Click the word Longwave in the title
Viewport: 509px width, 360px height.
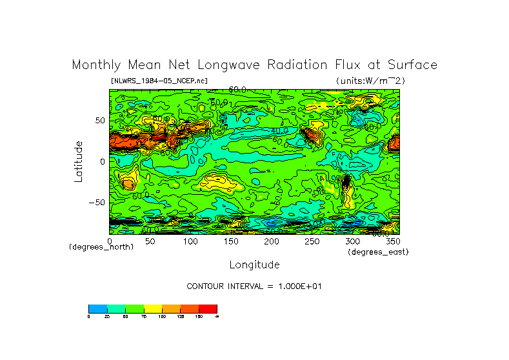223,65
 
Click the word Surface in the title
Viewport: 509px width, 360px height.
412,65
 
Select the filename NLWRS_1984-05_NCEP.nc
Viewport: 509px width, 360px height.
159,81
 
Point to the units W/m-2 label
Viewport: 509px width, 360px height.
370,81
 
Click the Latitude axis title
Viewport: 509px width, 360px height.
79,161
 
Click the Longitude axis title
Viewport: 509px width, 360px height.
254,265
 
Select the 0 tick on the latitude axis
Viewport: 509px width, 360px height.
101,161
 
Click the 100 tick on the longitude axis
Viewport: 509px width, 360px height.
190,241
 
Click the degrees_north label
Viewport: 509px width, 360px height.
101,248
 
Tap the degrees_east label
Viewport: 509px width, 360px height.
377,252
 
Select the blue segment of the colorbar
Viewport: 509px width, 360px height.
97,308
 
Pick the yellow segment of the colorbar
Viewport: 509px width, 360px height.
152,308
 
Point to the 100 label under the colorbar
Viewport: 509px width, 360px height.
161,317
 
